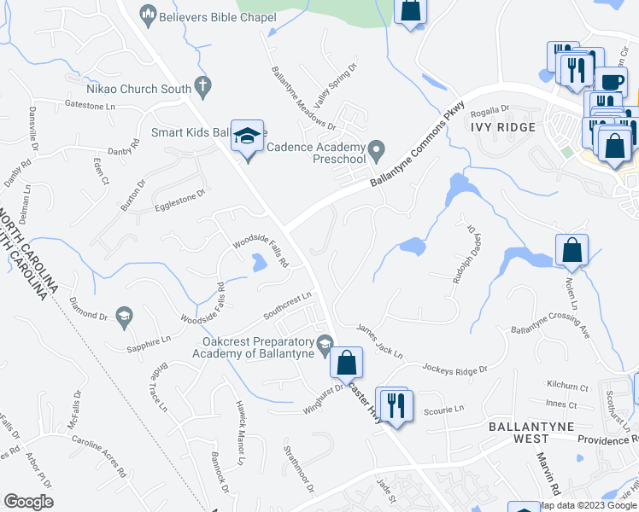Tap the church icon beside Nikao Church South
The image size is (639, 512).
[x=202, y=84]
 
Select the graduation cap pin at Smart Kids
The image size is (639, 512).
[x=248, y=136]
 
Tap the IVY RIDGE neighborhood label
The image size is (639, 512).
[x=502, y=126]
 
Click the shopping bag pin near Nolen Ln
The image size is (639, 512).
[x=572, y=251]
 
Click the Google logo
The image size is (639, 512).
[x=28, y=502]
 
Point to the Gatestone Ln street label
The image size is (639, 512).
[x=90, y=105]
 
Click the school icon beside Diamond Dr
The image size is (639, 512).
[x=123, y=316]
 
